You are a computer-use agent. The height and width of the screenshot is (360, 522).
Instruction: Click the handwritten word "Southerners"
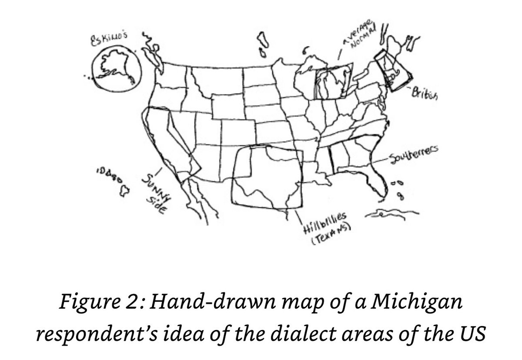click(413, 154)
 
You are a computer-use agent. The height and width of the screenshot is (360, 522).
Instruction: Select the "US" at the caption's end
click(469, 336)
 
